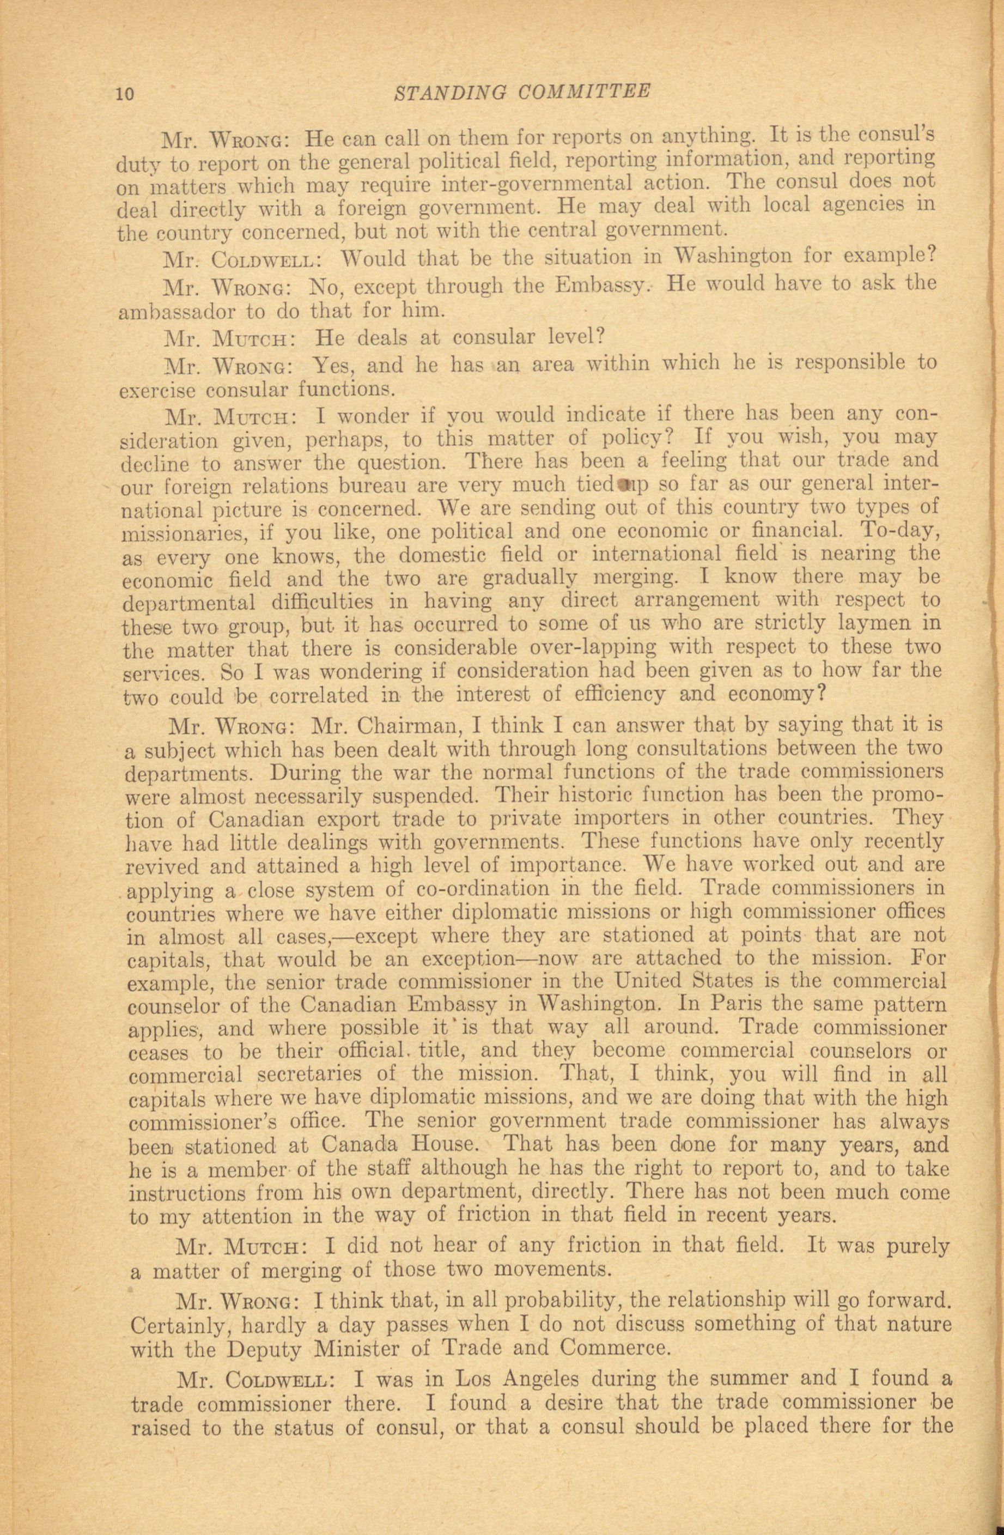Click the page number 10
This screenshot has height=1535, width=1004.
click(124, 94)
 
